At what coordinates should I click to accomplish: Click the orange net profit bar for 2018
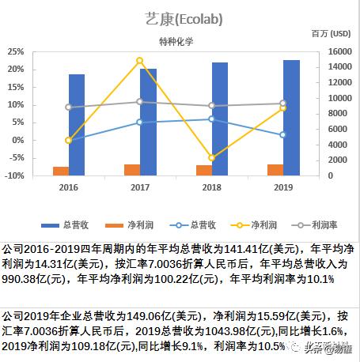coord(203,170)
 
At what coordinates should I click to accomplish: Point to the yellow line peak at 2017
coord(140,61)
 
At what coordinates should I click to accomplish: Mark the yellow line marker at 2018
coord(211,158)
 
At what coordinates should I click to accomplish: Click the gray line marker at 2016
coord(69,107)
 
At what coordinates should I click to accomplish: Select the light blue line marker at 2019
coord(282,135)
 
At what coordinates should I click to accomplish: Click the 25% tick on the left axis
coord(14,51)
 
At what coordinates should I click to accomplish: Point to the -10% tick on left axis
coord(13,175)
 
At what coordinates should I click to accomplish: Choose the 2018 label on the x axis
coord(211,187)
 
